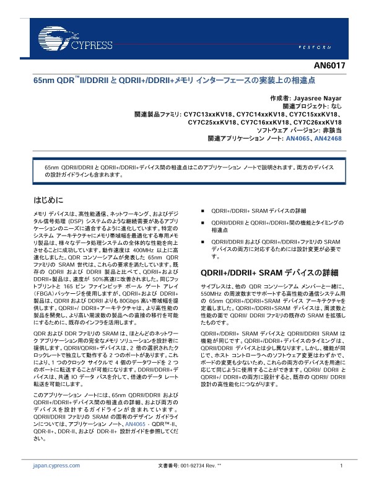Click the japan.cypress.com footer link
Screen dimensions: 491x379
point(56,466)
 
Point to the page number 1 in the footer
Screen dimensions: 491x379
point(341,466)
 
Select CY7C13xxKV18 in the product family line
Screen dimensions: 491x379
point(208,115)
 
